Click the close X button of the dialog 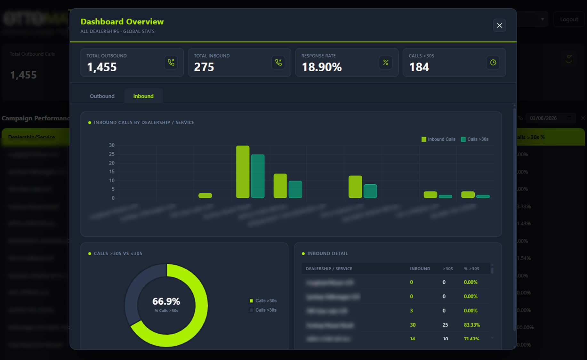(x=499, y=25)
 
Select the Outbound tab (x=102, y=96)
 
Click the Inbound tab (x=143, y=96)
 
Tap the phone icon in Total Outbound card (x=171, y=62)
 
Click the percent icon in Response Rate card (x=386, y=62)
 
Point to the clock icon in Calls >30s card (x=493, y=62)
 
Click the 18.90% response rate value (x=322, y=67)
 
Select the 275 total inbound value (x=204, y=67)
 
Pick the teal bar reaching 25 (x=258, y=176)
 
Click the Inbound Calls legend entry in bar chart (x=438, y=139)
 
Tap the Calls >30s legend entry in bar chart (x=475, y=139)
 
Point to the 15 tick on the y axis (x=112, y=172)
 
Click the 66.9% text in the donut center (x=166, y=301)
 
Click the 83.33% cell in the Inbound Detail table (x=472, y=325)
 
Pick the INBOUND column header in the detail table (x=420, y=269)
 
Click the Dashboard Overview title (x=122, y=22)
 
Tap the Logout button (x=569, y=19)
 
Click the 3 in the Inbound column (x=411, y=311)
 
